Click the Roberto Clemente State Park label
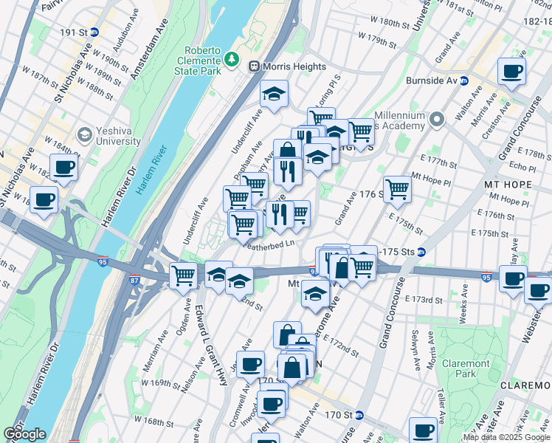202,61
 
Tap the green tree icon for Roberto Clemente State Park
232,57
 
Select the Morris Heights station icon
255,66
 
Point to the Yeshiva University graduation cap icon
84,134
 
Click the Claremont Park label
466,368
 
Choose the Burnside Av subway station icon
464,80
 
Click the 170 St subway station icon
359,415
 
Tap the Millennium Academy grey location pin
437,119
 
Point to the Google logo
24,434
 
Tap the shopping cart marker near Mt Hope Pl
397,188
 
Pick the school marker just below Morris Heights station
274,95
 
